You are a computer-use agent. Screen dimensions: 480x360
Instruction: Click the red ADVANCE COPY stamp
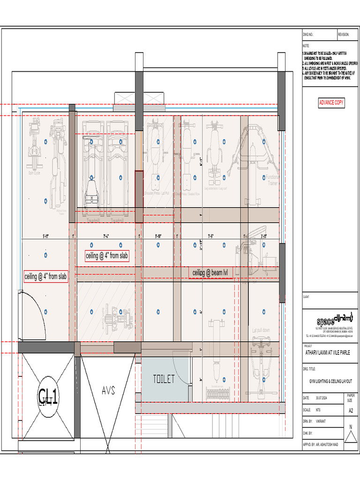(x=331, y=102)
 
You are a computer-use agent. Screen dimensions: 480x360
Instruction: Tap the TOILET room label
(x=164, y=379)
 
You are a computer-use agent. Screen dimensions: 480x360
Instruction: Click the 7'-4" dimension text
(x=106, y=236)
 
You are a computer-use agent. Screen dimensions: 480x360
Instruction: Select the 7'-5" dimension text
(x=212, y=236)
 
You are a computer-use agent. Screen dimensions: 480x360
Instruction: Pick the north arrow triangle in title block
(x=350, y=436)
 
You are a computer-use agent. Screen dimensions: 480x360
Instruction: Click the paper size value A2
(x=351, y=410)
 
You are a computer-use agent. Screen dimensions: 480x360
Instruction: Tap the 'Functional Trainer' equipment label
(x=272, y=180)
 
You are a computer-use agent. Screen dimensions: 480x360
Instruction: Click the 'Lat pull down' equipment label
(x=261, y=330)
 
